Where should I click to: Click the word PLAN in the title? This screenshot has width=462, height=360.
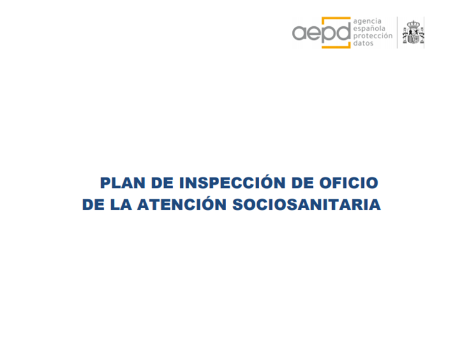coord(122,182)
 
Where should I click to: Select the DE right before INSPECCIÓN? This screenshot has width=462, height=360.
coord(162,182)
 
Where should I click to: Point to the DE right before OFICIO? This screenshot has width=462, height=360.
coord(302,182)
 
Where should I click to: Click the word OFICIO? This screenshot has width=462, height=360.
coord(349,182)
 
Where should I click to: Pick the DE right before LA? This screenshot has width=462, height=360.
coord(93,204)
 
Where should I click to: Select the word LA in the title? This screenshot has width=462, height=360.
coord(120,204)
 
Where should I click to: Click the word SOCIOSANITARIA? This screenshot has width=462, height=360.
coord(307,204)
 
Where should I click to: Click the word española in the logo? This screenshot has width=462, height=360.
coord(369,29)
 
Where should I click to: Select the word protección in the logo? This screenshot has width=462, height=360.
coord(373,36)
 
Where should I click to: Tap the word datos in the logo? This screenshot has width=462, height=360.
coord(363,43)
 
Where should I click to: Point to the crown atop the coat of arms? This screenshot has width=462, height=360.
coord(413,24)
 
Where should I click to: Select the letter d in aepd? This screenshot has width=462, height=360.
coord(343,31)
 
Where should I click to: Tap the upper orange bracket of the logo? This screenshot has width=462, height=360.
coord(336,18)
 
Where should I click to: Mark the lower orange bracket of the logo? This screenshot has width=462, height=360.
coord(336,46)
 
